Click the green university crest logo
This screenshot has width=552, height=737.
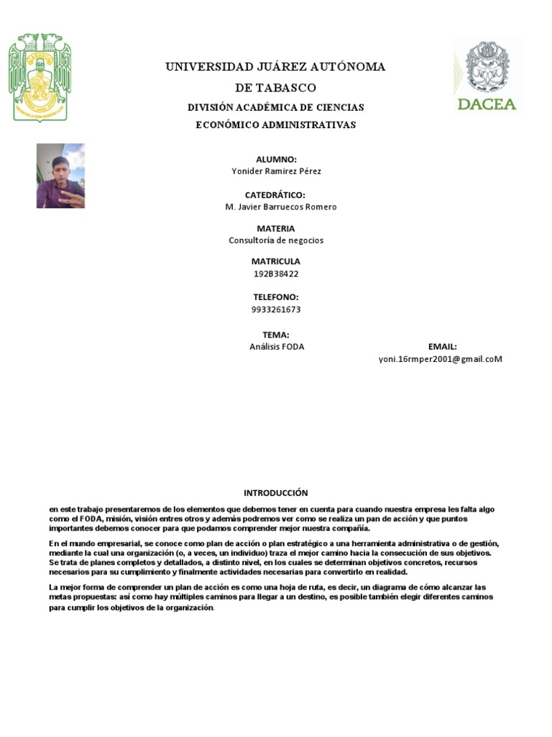40,77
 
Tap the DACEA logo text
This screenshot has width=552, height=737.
487,104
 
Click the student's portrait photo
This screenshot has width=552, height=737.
60,176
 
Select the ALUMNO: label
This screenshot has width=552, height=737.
276,159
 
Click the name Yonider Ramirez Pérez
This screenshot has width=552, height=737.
276,171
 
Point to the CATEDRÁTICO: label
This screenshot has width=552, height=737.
275,195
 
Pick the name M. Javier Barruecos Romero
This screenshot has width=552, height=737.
281,207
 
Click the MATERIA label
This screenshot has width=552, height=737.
276,229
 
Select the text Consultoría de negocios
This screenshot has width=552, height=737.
276,240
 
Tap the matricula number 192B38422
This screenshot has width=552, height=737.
276,273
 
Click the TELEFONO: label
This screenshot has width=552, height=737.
276,297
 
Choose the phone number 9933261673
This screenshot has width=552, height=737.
276,309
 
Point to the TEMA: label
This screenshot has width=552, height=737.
276,335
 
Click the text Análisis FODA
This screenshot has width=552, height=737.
277,347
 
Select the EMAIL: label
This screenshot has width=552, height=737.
442,346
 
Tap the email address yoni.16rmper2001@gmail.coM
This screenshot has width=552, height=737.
441,358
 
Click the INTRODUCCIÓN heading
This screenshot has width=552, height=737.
275,493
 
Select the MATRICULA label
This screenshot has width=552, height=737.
276,261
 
